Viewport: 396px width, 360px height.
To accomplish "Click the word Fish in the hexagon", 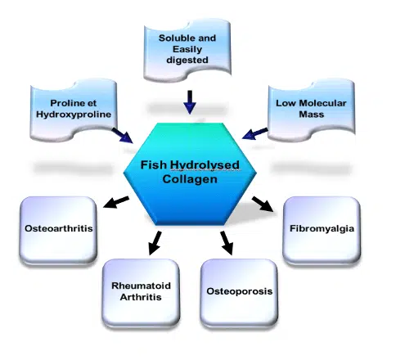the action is point(153,164).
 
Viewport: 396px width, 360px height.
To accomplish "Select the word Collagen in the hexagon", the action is point(190,179).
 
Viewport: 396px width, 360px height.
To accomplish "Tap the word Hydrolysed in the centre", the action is point(205,165).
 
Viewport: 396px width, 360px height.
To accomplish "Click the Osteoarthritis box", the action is point(58,231).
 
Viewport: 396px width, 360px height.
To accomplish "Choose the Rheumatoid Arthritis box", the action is point(141,293).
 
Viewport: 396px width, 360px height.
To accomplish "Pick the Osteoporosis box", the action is point(239,293).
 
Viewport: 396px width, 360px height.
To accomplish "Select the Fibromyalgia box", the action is point(322,231).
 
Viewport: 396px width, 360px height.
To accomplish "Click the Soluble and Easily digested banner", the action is point(187,50).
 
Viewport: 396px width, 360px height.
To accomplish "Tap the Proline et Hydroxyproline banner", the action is point(74,110).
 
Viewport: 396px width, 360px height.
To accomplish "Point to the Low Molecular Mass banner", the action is point(311,110).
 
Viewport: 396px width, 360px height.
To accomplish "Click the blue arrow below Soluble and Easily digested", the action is point(190,102).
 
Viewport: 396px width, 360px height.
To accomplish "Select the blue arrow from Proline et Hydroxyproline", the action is point(123,136).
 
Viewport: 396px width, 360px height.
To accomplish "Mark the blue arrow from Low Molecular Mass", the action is point(254,133).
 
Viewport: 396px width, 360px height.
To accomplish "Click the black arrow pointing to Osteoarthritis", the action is point(116,202).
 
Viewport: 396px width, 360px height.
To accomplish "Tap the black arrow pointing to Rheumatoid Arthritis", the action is point(155,243).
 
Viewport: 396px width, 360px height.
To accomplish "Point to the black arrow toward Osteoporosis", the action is point(227,243).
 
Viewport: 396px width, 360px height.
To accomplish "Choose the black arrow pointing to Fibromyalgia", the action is point(263,204).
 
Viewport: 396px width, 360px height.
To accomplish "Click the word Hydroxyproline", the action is point(74,115).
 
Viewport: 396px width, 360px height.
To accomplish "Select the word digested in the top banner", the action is point(187,60).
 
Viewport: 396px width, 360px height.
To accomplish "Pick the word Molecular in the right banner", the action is point(323,103).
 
